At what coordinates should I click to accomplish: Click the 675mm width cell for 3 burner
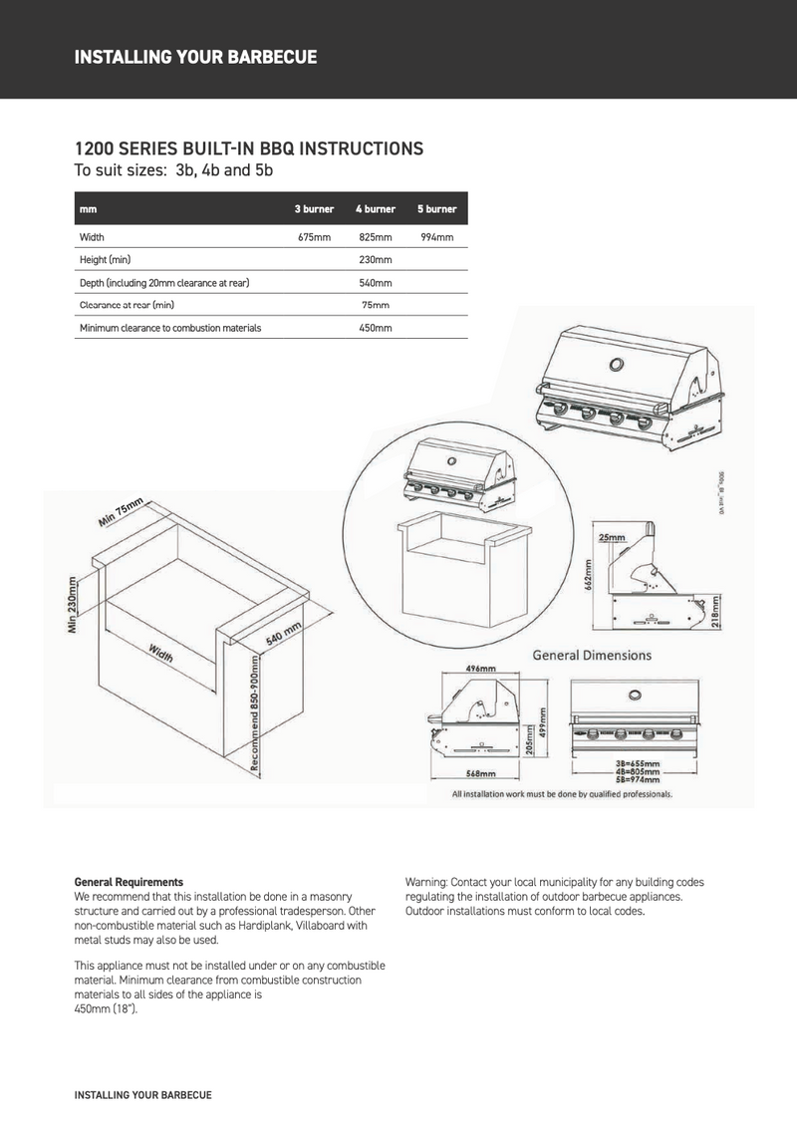pos(314,238)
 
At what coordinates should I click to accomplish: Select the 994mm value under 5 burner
pos(436,238)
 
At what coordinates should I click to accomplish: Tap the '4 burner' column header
pos(376,210)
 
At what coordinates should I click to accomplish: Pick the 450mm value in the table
pos(376,328)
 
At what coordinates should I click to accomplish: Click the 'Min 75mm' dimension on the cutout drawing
pos(122,512)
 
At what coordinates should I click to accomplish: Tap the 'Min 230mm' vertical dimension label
pos(73,606)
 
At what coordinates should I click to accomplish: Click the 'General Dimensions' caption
pos(592,656)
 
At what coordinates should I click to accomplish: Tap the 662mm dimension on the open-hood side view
pos(588,576)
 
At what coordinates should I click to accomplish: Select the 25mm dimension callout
pos(612,537)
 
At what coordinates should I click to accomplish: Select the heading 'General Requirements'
pos(129,882)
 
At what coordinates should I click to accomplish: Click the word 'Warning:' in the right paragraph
pos(426,883)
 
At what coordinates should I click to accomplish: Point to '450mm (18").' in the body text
pos(107,1008)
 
